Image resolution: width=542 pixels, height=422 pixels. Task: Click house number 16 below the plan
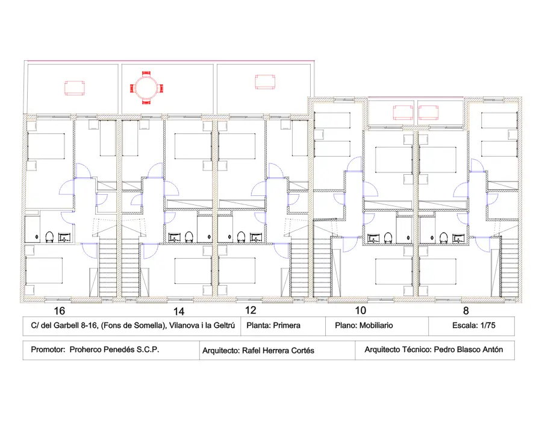click(x=60, y=310)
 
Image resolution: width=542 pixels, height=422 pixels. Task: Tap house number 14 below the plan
click(x=179, y=311)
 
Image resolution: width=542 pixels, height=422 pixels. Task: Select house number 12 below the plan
click(x=251, y=310)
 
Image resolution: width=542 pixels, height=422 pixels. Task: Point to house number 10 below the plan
click(x=361, y=310)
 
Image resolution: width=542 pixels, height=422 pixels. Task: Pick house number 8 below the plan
click(x=466, y=310)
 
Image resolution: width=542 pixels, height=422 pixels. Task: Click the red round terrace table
click(x=146, y=87)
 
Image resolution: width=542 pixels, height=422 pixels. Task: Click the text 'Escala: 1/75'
click(x=473, y=326)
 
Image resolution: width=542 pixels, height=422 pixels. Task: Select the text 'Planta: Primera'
click(x=273, y=326)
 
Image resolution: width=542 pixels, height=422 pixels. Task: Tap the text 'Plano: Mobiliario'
click(x=364, y=326)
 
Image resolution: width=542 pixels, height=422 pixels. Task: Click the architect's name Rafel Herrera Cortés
click(x=278, y=351)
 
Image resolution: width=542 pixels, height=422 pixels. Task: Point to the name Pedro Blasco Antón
click(x=468, y=350)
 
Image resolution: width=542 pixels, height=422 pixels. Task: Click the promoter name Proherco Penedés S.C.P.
click(x=114, y=350)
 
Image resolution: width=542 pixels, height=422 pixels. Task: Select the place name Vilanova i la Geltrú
click(x=202, y=326)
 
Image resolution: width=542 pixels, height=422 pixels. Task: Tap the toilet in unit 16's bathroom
click(x=49, y=237)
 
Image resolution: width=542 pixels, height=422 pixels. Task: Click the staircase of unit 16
click(x=108, y=267)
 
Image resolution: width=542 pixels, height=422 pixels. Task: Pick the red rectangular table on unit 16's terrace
click(x=74, y=88)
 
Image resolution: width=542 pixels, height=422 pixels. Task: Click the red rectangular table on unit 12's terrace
click(x=265, y=82)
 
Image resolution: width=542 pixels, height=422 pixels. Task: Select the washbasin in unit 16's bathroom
click(x=64, y=238)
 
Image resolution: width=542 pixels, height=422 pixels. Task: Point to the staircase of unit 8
click(x=509, y=266)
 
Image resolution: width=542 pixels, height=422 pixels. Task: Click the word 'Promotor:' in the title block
click(x=48, y=350)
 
